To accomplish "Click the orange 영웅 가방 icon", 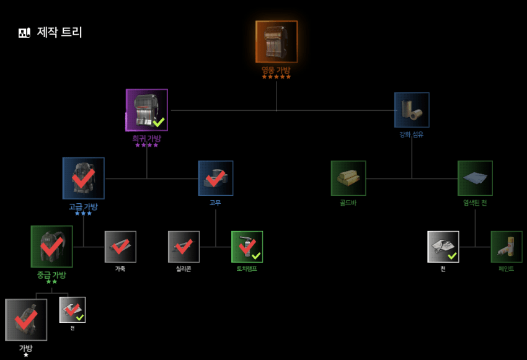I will [x=277, y=42].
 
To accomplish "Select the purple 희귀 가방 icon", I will [x=147, y=110].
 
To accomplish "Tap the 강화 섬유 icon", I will [x=412, y=110].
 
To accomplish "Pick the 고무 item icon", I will [x=216, y=178].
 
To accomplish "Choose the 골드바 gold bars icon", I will [x=348, y=178].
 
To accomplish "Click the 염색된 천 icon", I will [x=475, y=178].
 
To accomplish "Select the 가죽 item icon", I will [x=120, y=247].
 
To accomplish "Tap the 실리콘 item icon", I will [x=184, y=247].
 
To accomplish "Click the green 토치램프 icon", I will [x=247, y=247].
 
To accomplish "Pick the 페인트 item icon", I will [x=507, y=247].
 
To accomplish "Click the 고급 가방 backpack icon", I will [x=84, y=178].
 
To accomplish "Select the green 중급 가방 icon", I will [x=52, y=247].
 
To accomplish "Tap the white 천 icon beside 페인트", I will [x=443, y=247].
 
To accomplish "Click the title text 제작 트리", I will [x=60, y=32].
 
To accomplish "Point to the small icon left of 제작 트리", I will [x=24, y=33].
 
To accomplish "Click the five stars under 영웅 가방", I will [x=277, y=77].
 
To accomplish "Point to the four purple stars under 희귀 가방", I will [x=147, y=145].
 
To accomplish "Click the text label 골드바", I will [x=348, y=203].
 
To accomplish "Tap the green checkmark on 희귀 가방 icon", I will [x=159, y=121].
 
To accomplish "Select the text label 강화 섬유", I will [x=412, y=134].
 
